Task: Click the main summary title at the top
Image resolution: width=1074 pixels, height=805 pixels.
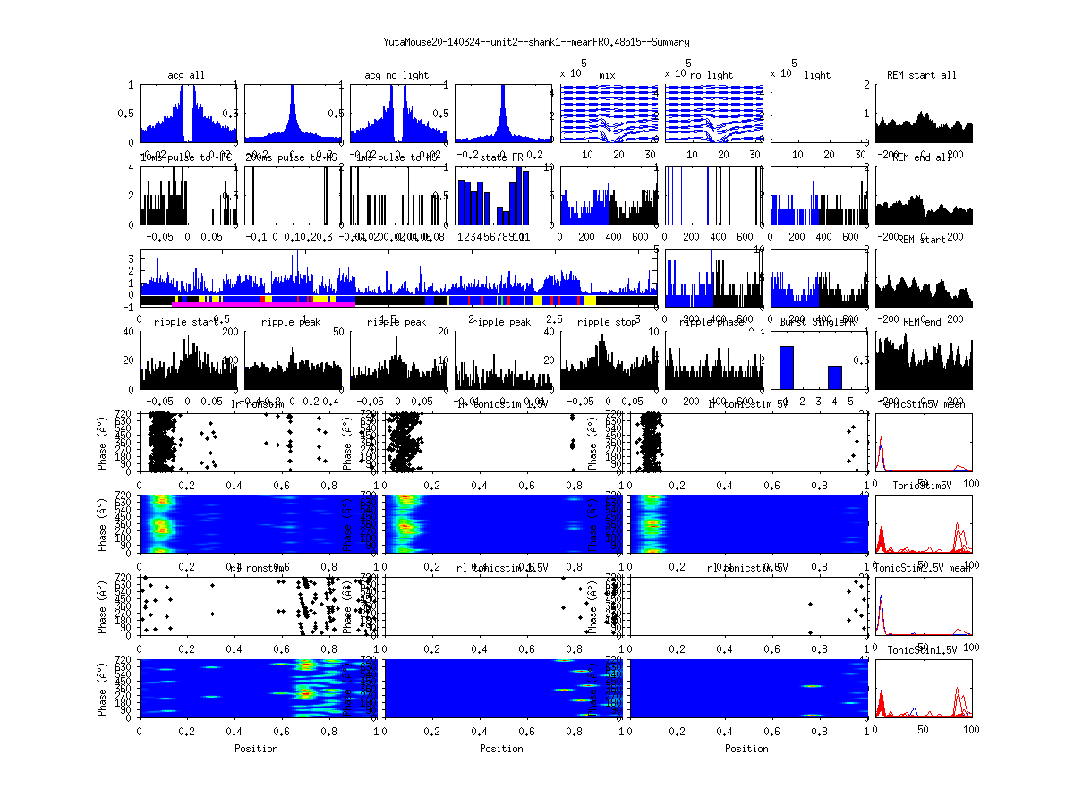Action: click(x=536, y=42)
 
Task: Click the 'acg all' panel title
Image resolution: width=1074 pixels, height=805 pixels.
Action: click(x=186, y=75)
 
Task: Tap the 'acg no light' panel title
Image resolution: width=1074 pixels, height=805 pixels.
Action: click(x=396, y=75)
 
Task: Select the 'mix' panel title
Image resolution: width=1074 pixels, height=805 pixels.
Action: click(x=608, y=75)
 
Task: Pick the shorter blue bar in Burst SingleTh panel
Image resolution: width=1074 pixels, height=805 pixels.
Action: click(x=834, y=377)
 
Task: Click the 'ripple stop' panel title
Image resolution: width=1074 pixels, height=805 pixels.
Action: click(x=607, y=322)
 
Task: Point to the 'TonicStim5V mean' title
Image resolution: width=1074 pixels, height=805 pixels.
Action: click(x=925, y=404)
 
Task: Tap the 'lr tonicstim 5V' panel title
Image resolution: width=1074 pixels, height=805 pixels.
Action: click(x=748, y=405)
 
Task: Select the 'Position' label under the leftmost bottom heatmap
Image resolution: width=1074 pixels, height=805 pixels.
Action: click(x=256, y=749)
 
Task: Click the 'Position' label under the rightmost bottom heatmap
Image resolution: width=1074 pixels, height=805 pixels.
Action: click(x=747, y=749)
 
